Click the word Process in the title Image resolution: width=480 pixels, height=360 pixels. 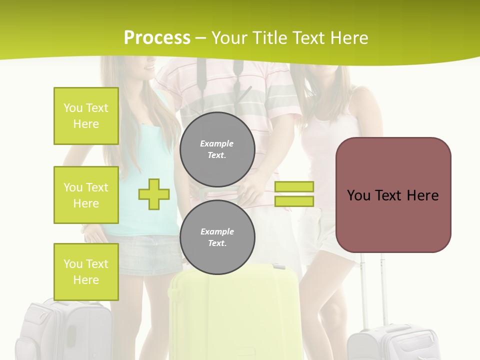click(157, 38)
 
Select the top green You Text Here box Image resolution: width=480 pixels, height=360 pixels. click(86, 116)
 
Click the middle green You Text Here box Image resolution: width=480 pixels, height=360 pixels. click(86, 195)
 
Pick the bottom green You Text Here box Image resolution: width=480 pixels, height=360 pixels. click(86, 272)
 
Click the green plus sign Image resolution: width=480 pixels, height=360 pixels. click(154, 194)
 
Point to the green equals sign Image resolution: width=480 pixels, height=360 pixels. click(294, 194)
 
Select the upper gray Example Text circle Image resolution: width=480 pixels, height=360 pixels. click(217, 149)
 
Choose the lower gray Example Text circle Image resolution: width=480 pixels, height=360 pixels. click(217, 237)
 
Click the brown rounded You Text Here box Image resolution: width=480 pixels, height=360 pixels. click(393, 195)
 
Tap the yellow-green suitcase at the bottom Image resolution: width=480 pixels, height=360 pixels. click(235, 315)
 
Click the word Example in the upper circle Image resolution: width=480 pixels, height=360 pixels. click(217, 143)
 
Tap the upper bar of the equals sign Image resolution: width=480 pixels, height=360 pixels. click(294, 187)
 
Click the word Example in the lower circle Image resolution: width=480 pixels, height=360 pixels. click(217, 231)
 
